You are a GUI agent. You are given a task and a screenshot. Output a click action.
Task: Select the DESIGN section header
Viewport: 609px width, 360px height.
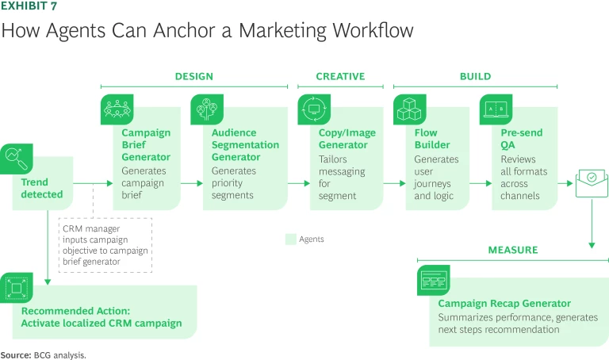[x=193, y=77]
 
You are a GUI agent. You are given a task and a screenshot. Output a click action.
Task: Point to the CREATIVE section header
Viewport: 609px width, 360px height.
[x=340, y=77]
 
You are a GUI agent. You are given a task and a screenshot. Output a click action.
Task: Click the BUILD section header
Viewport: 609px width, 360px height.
[x=475, y=77]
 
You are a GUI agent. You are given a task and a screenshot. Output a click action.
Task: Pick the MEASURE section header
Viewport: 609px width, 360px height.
[x=512, y=250]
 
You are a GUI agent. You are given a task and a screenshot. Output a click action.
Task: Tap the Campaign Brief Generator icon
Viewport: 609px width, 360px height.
[x=116, y=109]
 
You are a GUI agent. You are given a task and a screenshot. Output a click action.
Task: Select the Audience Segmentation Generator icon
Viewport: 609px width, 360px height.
[x=207, y=109]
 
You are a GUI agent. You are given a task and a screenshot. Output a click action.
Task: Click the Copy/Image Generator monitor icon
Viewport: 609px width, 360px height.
[x=313, y=109]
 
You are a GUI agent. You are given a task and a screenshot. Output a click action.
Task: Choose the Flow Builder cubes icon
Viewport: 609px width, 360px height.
[x=409, y=109]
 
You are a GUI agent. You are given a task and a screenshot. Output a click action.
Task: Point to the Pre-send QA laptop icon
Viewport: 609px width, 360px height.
[x=496, y=109]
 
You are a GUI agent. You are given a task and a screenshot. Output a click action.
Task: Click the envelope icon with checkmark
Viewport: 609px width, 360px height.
[x=592, y=182]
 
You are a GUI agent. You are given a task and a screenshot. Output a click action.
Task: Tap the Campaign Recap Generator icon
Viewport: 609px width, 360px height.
[x=434, y=280]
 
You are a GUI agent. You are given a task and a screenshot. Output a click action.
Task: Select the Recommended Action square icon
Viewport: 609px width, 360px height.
[x=17, y=289]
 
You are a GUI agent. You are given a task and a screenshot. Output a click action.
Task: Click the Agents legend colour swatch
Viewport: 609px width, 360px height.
[x=290, y=239]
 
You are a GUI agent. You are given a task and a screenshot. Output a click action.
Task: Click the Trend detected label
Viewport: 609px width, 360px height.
[x=42, y=188]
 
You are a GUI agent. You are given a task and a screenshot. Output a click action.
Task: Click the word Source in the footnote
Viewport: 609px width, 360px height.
[x=16, y=354]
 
